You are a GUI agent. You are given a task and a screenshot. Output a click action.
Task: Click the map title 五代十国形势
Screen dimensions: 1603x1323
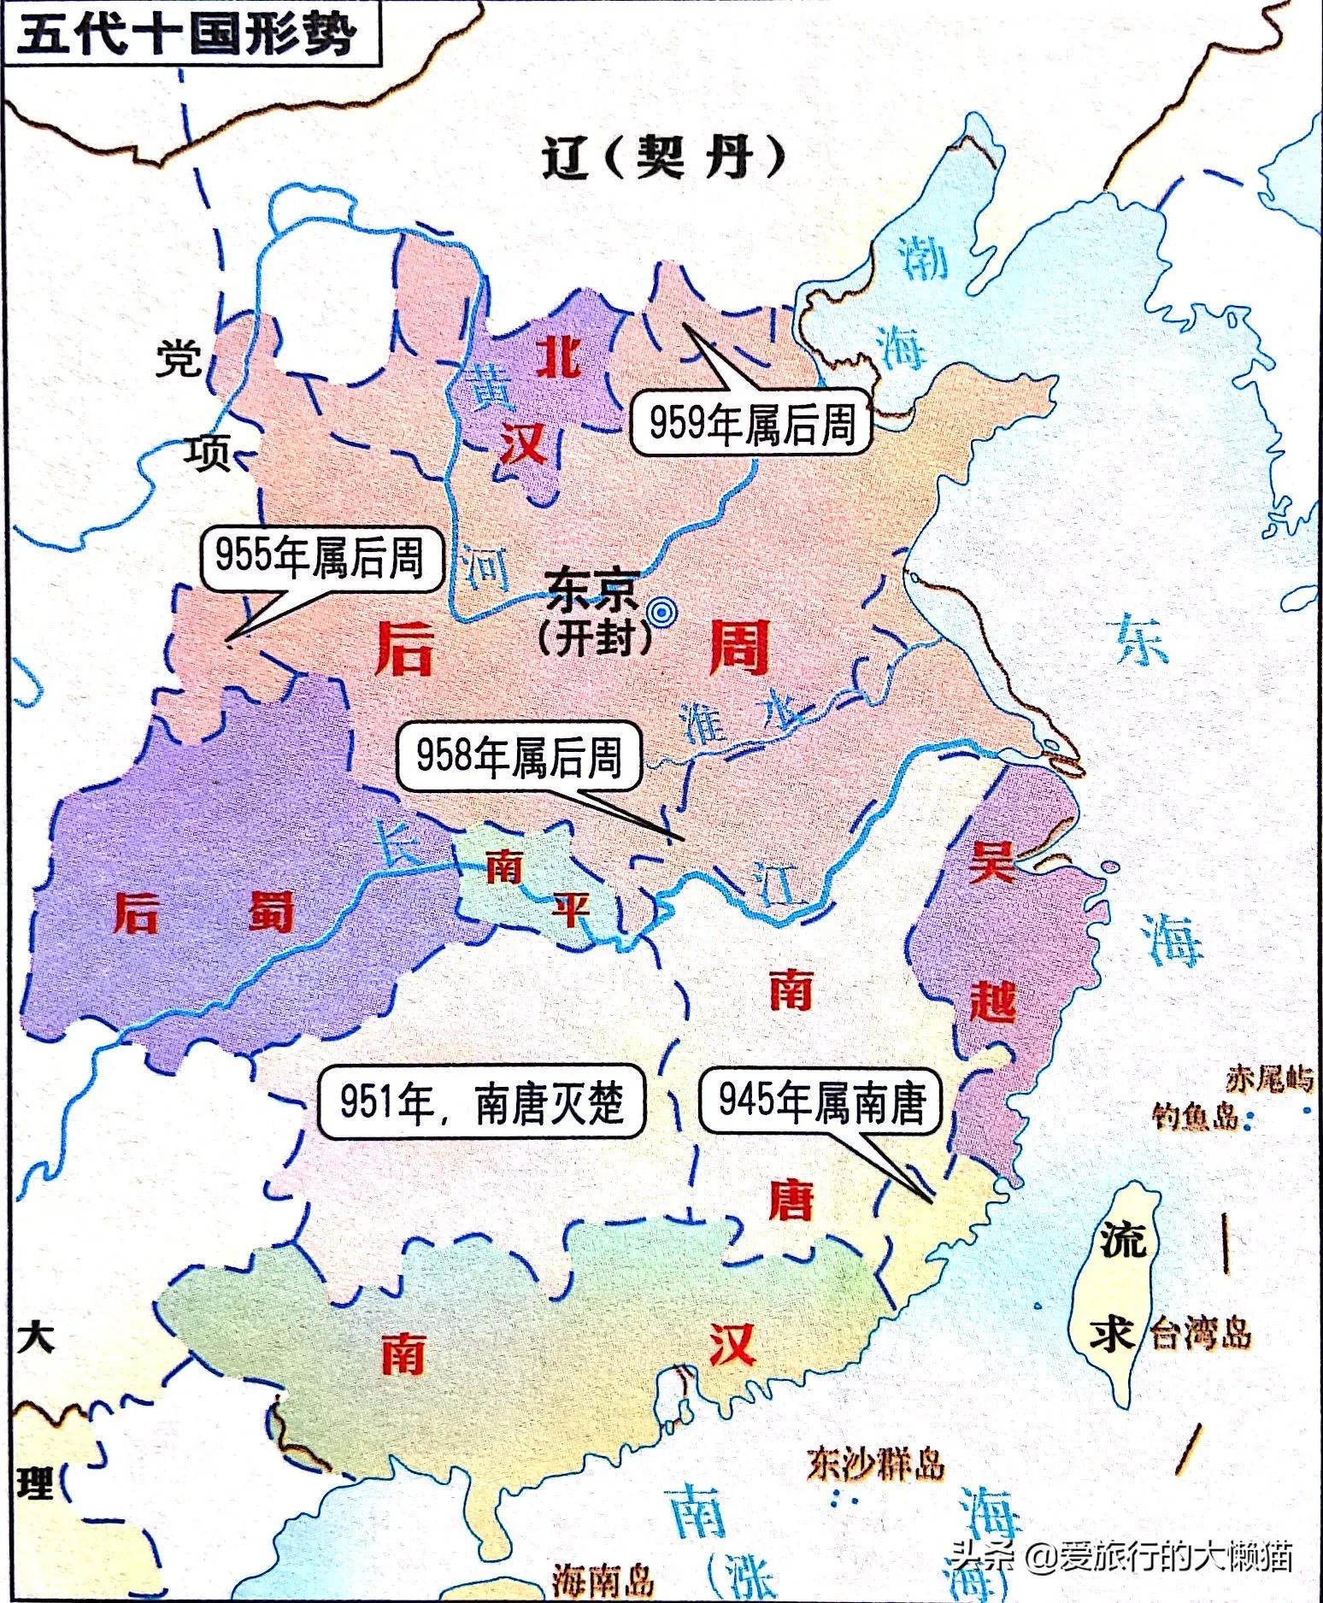click(186, 36)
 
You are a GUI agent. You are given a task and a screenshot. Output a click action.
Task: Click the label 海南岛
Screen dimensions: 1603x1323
click(603, 1579)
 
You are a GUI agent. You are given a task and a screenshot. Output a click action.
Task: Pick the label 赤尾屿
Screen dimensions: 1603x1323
click(1270, 1079)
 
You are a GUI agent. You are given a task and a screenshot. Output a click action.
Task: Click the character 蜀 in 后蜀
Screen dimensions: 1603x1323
click(271, 913)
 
